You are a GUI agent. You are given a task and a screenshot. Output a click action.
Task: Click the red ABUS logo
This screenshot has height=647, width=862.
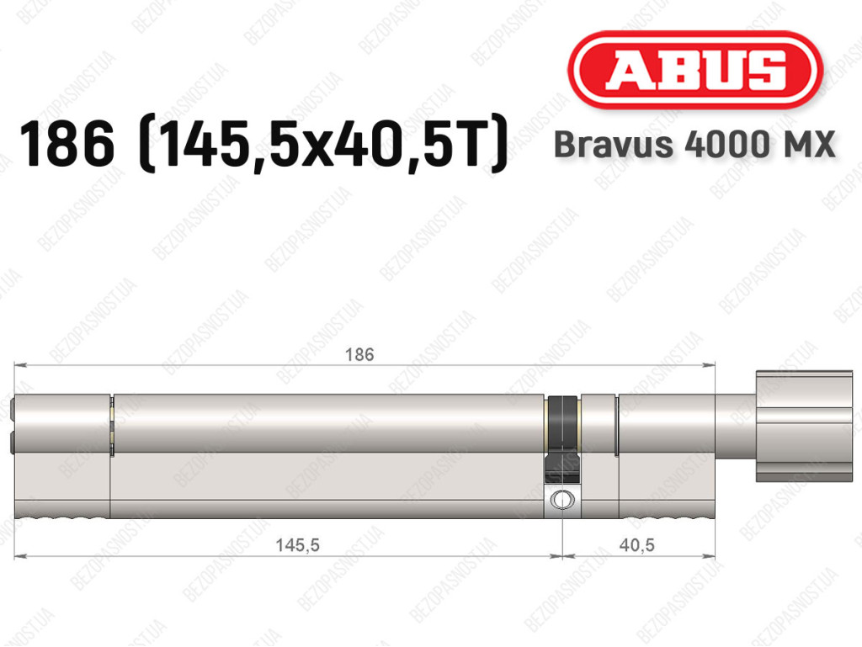coord(695,70)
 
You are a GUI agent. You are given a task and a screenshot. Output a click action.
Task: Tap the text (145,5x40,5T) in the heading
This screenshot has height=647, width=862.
coord(323,144)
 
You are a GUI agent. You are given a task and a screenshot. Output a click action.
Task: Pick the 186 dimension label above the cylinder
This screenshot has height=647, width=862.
coord(359,355)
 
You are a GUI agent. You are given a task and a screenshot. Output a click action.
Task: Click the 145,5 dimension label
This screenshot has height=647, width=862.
coord(297,545)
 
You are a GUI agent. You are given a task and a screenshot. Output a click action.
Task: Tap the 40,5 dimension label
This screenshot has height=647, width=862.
coord(636,545)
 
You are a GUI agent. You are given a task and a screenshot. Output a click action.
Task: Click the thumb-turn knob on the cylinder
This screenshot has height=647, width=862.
coord(804,427)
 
